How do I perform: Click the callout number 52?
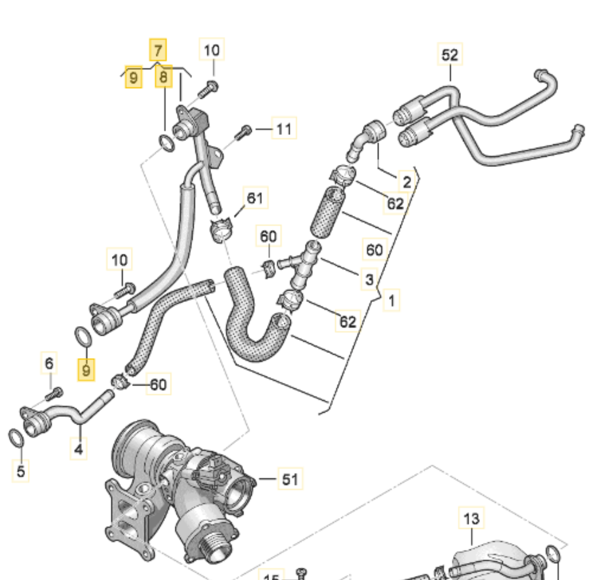[449, 55]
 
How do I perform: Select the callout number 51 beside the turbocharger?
[290, 479]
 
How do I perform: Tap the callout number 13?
[471, 518]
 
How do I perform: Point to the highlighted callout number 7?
[158, 50]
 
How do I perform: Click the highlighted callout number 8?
[163, 77]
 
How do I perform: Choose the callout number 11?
[284, 128]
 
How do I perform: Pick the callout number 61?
[255, 198]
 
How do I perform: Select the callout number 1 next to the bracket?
[391, 300]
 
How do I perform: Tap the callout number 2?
[406, 181]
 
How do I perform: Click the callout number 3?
[369, 279]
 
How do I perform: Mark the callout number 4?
[79, 448]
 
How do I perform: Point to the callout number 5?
[20, 471]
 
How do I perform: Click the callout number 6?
[49, 363]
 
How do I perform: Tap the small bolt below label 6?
[54, 393]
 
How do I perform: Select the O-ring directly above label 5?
[16, 438]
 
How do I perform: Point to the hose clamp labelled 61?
[220, 229]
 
